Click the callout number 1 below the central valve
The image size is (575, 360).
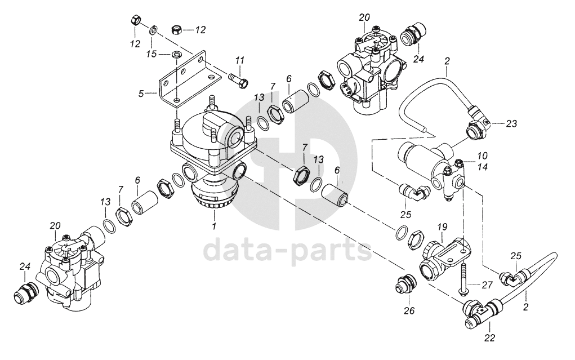pos(214,226)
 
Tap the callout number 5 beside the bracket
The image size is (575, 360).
pos(141,94)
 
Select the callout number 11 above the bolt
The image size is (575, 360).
pos(240,60)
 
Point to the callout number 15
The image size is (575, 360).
pos(151,54)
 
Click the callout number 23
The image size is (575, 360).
pos(511,124)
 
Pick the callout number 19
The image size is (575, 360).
pos(442,227)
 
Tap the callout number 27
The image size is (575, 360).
pos(487,285)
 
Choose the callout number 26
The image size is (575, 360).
pos(409,311)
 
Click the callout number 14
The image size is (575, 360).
pos(482,167)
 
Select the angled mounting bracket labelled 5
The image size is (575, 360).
pos(189,78)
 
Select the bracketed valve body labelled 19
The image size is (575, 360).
pos(444,259)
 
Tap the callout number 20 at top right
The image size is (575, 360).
pos(364,17)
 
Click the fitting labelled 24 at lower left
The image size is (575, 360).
pos(25,293)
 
